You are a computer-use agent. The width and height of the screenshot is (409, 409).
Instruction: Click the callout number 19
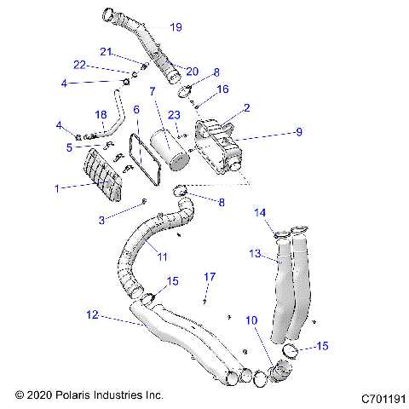point(176,27)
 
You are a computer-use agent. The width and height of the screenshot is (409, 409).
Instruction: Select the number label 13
point(255,253)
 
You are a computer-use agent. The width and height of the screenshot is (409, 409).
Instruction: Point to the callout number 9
point(298,132)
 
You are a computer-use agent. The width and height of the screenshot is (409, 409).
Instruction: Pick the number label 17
point(210,276)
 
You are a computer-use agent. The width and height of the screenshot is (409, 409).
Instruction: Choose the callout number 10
point(251,320)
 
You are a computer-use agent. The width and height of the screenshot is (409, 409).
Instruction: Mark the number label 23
point(174,116)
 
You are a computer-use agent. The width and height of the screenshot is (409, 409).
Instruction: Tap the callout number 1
point(58,187)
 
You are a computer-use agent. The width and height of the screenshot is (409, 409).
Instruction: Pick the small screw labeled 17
point(206,298)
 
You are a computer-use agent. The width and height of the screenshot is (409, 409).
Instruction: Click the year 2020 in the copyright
point(40,396)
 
